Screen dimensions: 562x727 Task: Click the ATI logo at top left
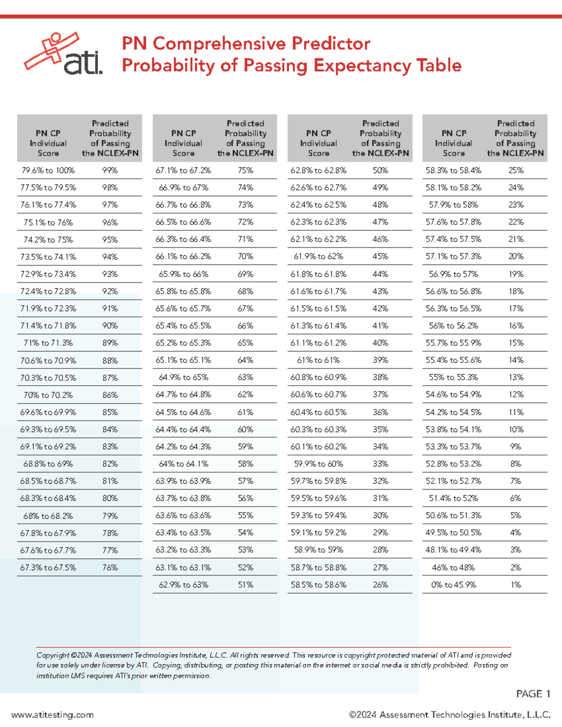pyautogui.click(x=64, y=54)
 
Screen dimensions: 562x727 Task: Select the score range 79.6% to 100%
pyautogui.click(x=48, y=170)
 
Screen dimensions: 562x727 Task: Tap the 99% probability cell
pyautogui.click(x=110, y=170)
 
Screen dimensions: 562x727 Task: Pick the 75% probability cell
pyautogui.click(x=245, y=170)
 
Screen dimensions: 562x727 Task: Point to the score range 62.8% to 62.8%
pyautogui.click(x=318, y=170)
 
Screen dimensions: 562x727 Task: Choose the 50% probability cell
pyautogui.click(x=380, y=170)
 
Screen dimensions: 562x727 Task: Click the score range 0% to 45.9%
pyautogui.click(x=453, y=585)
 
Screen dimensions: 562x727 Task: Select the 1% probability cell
pyautogui.click(x=516, y=585)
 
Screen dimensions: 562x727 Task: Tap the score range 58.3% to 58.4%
pyautogui.click(x=453, y=170)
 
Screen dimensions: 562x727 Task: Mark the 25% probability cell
pyautogui.click(x=516, y=170)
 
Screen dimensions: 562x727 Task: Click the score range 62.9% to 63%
pyautogui.click(x=184, y=585)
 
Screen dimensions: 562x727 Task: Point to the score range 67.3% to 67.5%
pyautogui.click(x=48, y=567)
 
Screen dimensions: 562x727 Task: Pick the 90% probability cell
pyautogui.click(x=110, y=326)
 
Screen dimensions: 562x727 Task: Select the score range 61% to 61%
pyautogui.click(x=318, y=360)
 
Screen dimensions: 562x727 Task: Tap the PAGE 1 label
pyautogui.click(x=533, y=694)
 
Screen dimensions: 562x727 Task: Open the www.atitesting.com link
pyautogui.click(x=52, y=715)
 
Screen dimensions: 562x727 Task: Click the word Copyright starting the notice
pyautogui.click(x=53, y=655)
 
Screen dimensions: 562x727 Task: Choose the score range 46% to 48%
pyautogui.click(x=453, y=567)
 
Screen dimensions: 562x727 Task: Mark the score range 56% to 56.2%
pyautogui.click(x=453, y=326)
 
